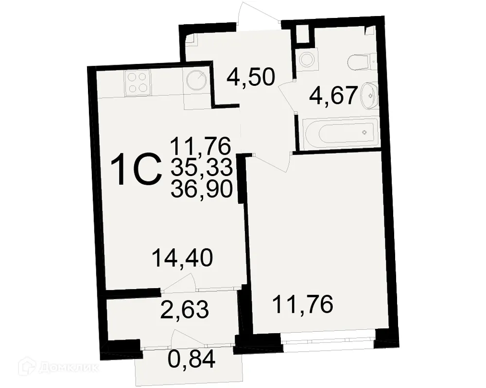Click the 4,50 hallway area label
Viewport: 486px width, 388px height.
pyautogui.click(x=251, y=78)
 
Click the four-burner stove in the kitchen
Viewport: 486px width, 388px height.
pyautogui.click(x=138, y=82)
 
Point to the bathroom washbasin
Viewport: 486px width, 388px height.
pyautogui.click(x=369, y=95)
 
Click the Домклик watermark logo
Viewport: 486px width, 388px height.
pyautogui.click(x=49, y=367)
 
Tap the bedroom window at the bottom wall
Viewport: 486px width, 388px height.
pyautogui.click(x=329, y=338)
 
